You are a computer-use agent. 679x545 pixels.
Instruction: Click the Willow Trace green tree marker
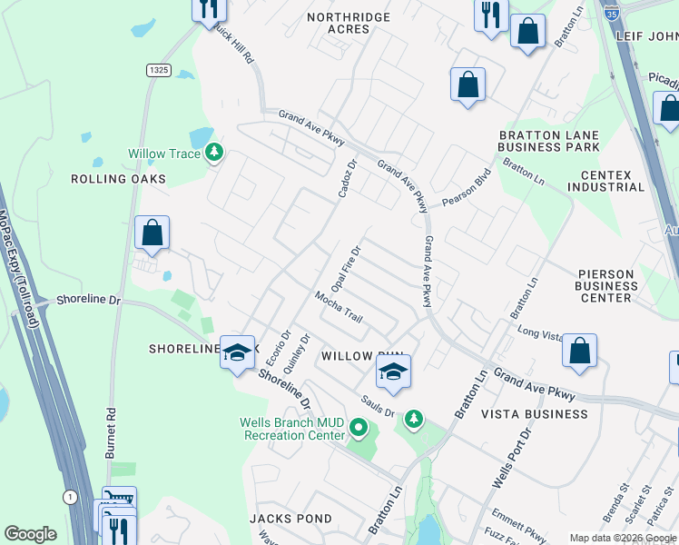tap(214, 154)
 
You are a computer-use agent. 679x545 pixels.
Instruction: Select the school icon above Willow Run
tap(393, 372)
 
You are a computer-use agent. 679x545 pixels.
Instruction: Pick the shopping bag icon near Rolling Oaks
tap(152, 233)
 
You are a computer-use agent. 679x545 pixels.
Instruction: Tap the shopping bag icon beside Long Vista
tap(579, 351)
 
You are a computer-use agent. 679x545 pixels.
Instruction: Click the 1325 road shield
tap(158, 70)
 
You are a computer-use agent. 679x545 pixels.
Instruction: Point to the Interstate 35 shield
tap(614, 12)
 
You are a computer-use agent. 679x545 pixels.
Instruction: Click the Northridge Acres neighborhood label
tap(349, 23)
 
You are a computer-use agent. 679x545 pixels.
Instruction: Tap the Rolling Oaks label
tap(119, 179)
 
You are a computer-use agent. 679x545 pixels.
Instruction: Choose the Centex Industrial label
tap(605, 181)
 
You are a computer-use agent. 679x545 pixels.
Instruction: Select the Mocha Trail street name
tap(339, 307)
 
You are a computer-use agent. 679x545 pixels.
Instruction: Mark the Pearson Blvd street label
tap(466, 189)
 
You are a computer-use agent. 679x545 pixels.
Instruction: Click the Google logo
tap(30, 534)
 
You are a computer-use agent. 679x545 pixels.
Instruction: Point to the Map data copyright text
tap(623, 538)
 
